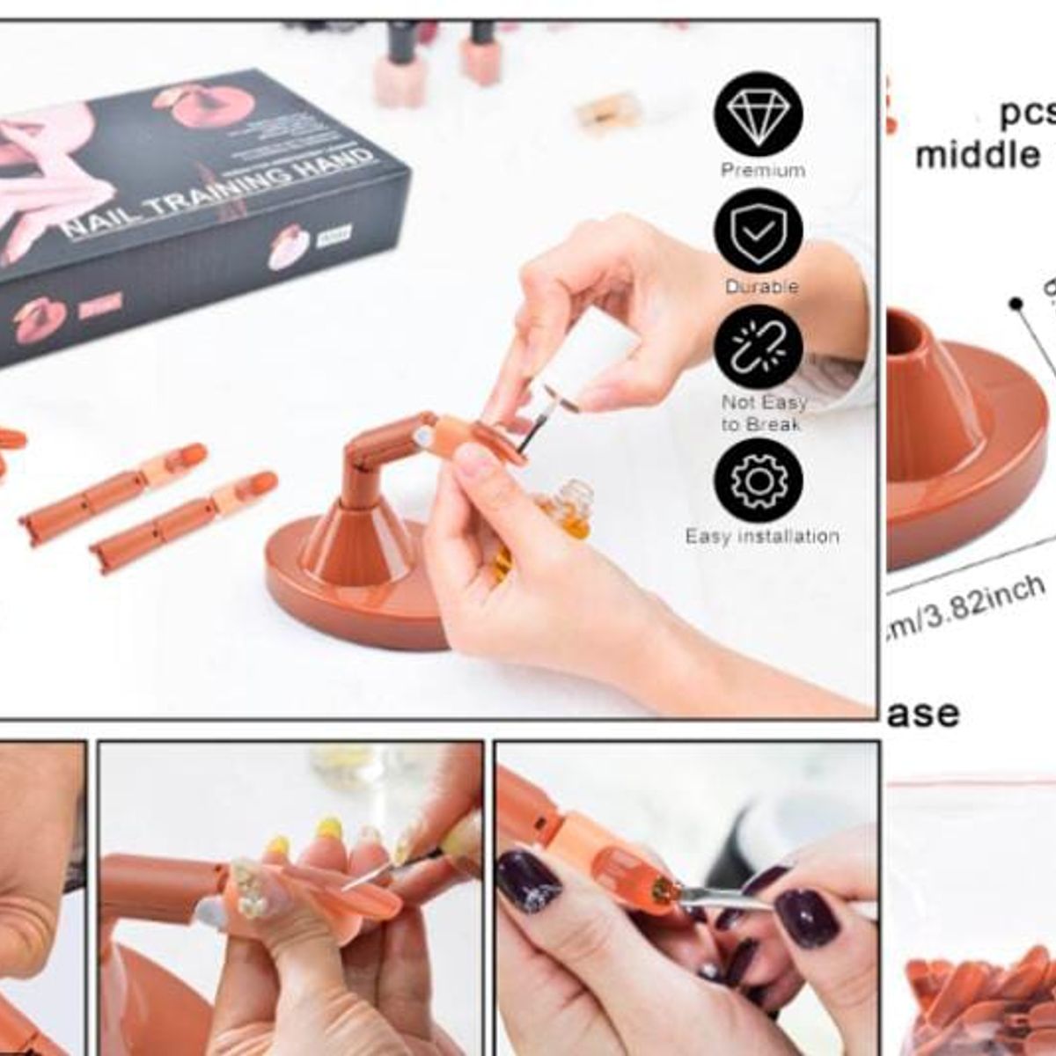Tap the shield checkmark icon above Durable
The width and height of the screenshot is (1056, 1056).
coord(759,230)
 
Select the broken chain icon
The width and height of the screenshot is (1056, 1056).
coord(759,347)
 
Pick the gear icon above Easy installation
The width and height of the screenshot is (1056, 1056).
coord(759,480)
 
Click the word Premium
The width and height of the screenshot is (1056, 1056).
coord(762,170)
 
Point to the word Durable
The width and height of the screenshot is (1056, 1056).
coord(761,287)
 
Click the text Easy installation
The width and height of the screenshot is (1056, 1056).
coord(762,536)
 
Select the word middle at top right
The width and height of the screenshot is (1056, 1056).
coord(977,156)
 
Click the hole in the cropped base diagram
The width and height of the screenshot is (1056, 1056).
coord(903,334)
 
